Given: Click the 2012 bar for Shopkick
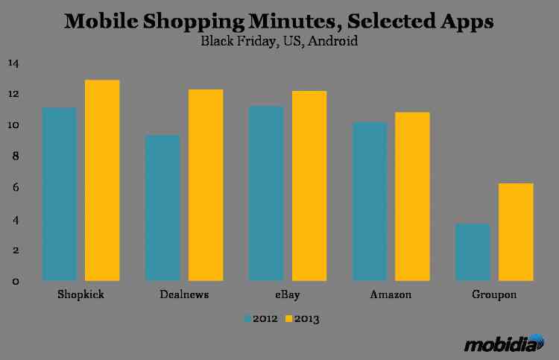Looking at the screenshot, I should click(x=60, y=194).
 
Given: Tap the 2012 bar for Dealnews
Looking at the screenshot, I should click(x=162, y=208).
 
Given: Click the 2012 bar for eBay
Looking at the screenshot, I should click(x=266, y=194).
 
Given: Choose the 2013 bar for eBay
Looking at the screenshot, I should click(x=309, y=186).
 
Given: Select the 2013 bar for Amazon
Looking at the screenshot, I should click(x=412, y=197).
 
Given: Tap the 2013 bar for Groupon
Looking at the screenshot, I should click(x=516, y=232).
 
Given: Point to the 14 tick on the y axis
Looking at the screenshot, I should click(x=13, y=63).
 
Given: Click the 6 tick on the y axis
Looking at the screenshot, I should click(x=14, y=188).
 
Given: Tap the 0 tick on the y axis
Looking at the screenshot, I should click(x=14, y=281).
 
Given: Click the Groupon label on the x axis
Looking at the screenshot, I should click(x=494, y=294).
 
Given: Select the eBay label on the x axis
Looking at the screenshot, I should click(x=287, y=294).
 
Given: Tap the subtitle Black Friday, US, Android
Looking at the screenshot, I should click(x=279, y=42).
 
